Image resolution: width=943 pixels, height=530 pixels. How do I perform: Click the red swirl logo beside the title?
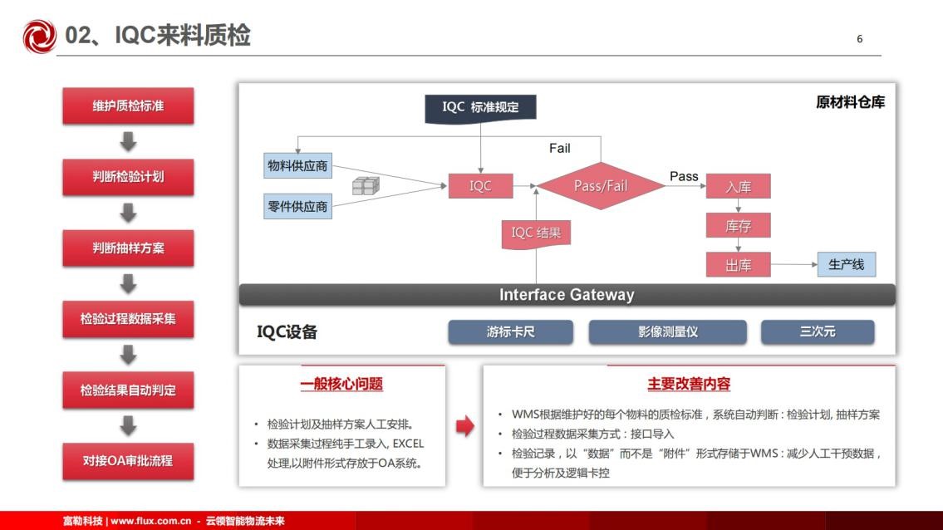click(39, 36)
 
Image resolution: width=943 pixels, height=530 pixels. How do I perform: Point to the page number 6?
click(859, 39)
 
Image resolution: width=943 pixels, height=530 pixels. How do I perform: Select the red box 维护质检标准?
click(128, 106)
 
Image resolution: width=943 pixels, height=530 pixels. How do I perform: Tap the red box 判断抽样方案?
click(128, 248)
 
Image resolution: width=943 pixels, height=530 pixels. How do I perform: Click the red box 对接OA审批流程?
click(128, 461)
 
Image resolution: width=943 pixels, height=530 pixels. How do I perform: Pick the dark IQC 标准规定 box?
click(480, 108)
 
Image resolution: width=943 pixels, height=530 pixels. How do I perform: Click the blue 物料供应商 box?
click(297, 166)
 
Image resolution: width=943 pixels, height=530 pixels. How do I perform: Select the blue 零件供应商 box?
click(297, 206)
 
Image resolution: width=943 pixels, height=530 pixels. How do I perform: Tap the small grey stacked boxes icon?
click(366, 186)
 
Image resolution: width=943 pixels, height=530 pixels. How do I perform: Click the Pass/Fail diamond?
click(601, 186)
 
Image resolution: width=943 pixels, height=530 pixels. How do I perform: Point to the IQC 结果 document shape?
click(536, 233)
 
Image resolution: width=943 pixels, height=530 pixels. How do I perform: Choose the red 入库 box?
click(738, 186)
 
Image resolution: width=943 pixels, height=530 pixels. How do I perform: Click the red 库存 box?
click(738, 226)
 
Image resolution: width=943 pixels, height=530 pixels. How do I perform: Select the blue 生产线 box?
click(846, 265)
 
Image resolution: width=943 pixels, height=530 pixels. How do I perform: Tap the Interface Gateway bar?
click(567, 295)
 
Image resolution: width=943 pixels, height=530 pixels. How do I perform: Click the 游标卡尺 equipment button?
click(511, 332)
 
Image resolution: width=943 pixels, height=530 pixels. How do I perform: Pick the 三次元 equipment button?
click(818, 332)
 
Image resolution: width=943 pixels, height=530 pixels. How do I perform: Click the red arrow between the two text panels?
click(465, 426)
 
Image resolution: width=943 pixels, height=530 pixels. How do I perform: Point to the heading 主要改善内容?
click(689, 384)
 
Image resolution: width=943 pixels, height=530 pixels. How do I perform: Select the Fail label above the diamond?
click(560, 148)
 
